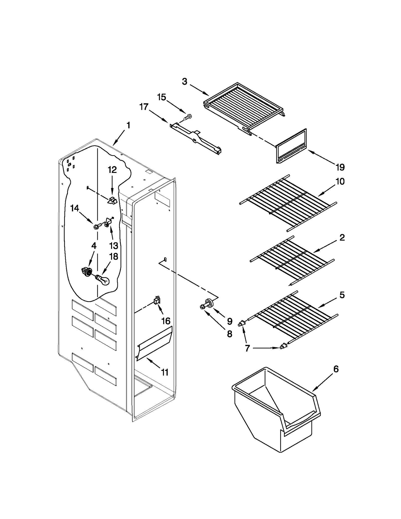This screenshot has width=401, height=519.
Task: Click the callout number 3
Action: point(184,81)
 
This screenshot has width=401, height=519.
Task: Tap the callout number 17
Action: point(144,107)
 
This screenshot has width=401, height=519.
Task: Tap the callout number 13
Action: point(114,246)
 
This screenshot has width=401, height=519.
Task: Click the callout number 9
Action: point(230,321)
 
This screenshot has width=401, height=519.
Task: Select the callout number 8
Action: point(230,334)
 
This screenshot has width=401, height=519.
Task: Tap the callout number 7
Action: point(247,348)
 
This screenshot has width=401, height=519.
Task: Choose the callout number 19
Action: point(340,167)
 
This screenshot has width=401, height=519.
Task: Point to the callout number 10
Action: point(340,181)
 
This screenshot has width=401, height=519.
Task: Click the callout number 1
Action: point(128,125)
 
